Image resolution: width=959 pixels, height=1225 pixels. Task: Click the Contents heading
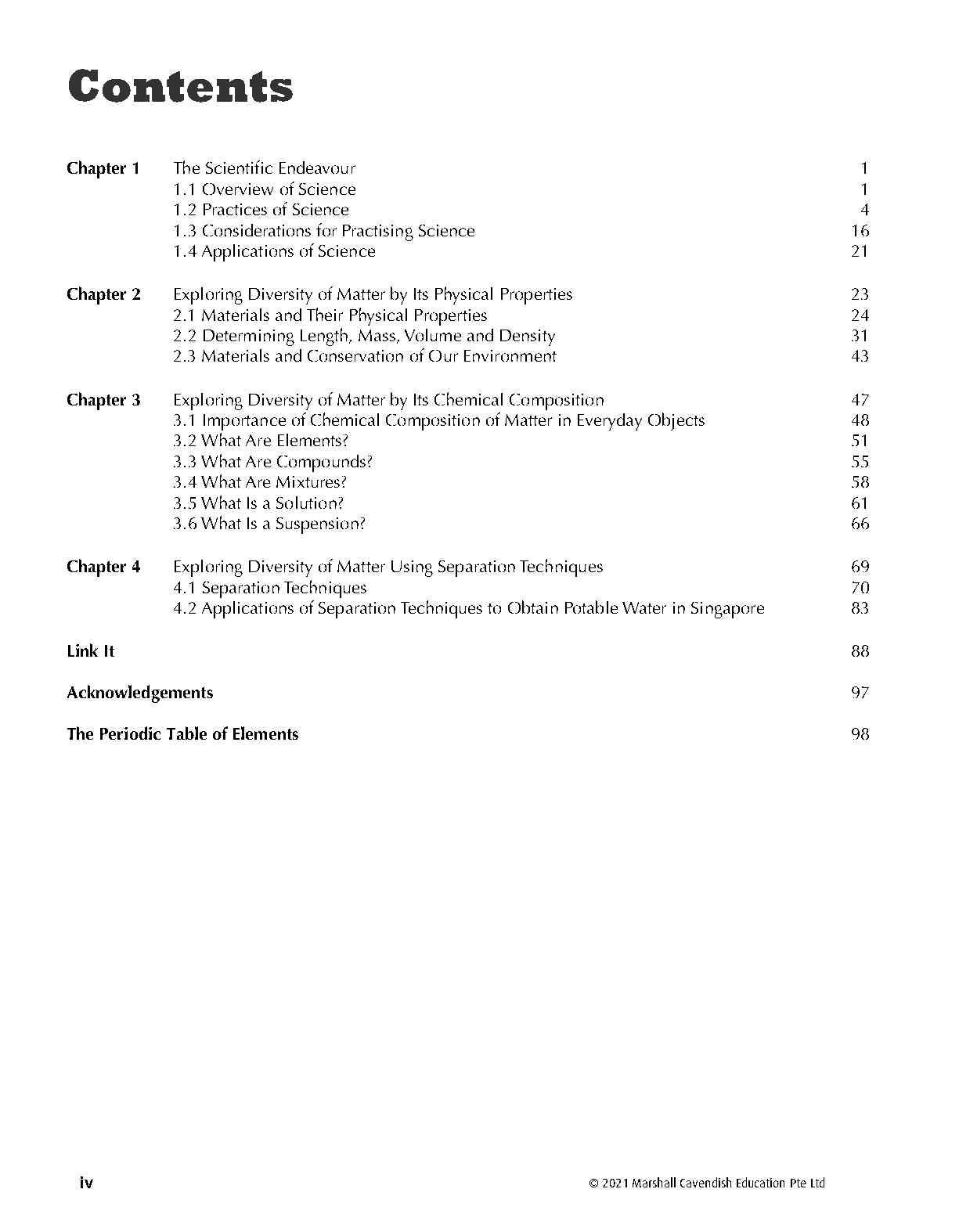pos(181,87)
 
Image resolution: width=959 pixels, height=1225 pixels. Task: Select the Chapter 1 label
pos(103,168)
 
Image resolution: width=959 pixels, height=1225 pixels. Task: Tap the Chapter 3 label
pos(103,400)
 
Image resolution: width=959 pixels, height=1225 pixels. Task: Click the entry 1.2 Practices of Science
pos(261,210)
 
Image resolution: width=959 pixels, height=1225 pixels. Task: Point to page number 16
pos(860,231)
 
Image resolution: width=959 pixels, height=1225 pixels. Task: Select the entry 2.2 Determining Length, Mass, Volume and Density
pos(364,336)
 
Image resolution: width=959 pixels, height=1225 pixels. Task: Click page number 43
pos(860,356)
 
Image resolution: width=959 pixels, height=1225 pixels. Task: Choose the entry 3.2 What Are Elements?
pos(261,441)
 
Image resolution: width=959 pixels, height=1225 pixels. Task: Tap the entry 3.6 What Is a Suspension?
pos(269,524)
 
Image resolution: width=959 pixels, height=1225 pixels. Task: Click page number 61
pos(860,503)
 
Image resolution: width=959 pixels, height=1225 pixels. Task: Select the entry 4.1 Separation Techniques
pos(270,588)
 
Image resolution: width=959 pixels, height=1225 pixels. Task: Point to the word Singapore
pos(726,608)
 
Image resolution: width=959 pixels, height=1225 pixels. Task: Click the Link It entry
pos(91,651)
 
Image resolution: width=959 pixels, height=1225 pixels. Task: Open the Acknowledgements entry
pos(139,693)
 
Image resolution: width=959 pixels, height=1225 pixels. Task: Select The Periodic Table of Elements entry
pos(182,734)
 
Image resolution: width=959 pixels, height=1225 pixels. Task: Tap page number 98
pos(860,734)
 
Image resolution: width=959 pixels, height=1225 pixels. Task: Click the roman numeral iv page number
pos(86,1183)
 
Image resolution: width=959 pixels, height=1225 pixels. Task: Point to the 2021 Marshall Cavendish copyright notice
pos(707,1184)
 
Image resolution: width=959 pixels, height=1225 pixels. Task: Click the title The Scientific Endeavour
pos(265,168)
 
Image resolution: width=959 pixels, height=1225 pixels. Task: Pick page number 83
pos(860,608)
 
